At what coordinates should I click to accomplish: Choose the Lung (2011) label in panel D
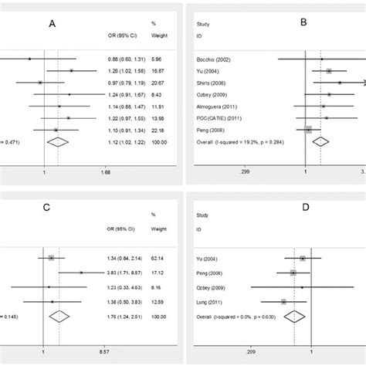click(x=212, y=301)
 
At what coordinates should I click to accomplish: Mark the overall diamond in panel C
click(x=59, y=313)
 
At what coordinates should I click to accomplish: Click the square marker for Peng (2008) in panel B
click(x=309, y=130)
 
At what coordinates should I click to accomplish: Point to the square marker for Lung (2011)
click(x=284, y=301)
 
